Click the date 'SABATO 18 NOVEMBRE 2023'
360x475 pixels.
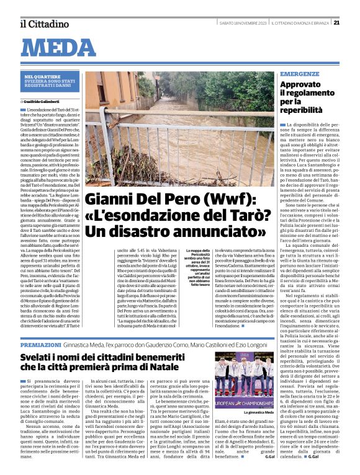239,24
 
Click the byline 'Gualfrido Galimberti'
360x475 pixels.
45,100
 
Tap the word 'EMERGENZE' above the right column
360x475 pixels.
300,74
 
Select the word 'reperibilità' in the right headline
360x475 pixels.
305,109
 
